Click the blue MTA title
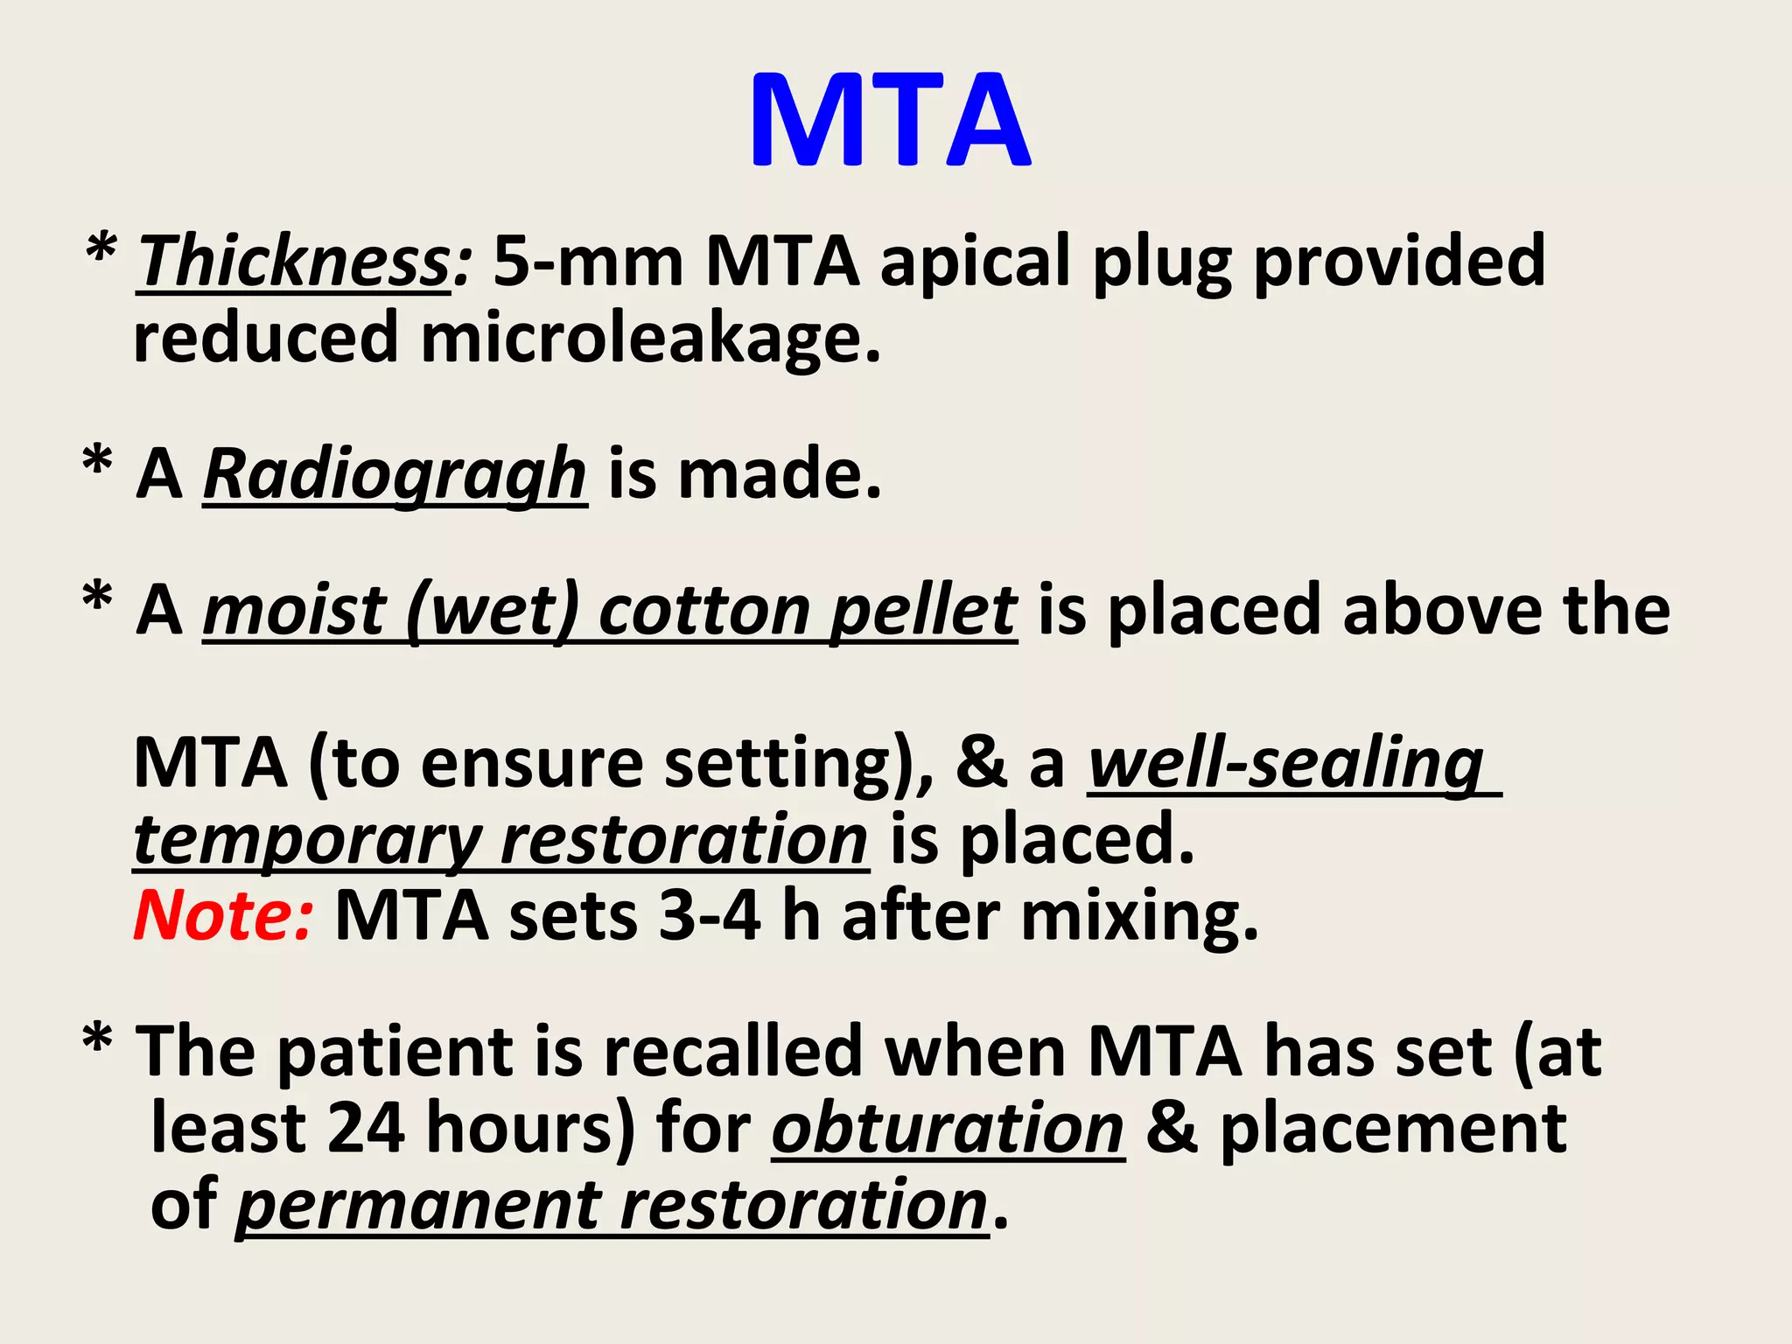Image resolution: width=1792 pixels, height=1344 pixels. coord(890,121)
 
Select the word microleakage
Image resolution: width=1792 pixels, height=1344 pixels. coord(650,339)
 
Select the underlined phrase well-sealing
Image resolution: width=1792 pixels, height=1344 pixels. coord(1286,764)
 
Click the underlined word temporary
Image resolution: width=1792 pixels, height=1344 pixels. coord(306,840)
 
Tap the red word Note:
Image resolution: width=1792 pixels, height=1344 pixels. coord(222,915)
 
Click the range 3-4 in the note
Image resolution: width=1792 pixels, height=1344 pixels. coord(709,915)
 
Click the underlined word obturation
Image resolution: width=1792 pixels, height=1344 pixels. coord(948,1129)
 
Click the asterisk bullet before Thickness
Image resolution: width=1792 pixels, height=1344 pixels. coord(101,252)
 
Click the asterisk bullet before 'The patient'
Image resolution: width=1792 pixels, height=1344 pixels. coord(97,1041)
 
